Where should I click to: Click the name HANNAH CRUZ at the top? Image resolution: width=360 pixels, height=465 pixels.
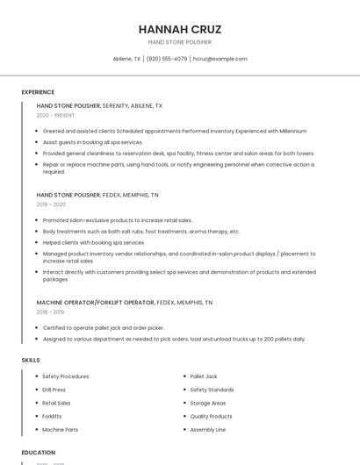[x=179, y=29]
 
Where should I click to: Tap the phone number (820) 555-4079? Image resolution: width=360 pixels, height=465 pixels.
[x=167, y=59]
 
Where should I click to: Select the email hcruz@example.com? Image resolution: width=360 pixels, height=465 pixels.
[x=220, y=59]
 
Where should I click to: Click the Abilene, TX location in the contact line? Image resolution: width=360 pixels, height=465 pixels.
[x=126, y=59]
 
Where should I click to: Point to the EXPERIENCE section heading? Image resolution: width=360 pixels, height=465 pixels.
[x=38, y=91]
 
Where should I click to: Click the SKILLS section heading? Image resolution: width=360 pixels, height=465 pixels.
[x=30, y=360]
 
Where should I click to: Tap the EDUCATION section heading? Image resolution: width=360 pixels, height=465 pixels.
[x=38, y=453]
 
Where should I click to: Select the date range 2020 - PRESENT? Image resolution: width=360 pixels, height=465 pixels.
[x=55, y=115]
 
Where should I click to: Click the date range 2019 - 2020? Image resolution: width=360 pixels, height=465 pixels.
[x=51, y=204]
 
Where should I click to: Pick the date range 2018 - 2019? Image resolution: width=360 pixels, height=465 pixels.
[x=50, y=311]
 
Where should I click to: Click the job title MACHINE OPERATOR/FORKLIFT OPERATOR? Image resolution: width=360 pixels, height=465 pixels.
[x=96, y=302]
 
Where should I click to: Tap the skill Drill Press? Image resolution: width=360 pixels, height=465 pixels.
[x=54, y=390]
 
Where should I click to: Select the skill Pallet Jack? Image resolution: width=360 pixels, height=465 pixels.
[x=204, y=376]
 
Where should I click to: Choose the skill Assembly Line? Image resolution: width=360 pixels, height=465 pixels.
[x=208, y=430]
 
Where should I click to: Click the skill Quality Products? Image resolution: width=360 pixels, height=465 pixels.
[x=211, y=417]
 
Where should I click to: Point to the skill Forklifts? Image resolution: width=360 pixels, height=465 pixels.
[x=52, y=417]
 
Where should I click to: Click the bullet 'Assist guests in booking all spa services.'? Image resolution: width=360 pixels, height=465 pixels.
[x=92, y=141]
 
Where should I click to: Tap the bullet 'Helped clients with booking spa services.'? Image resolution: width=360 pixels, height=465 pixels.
[x=94, y=242]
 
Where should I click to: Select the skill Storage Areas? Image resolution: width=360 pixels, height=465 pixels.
[x=207, y=404]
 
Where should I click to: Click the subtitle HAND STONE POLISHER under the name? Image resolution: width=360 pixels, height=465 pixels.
[x=179, y=42]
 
